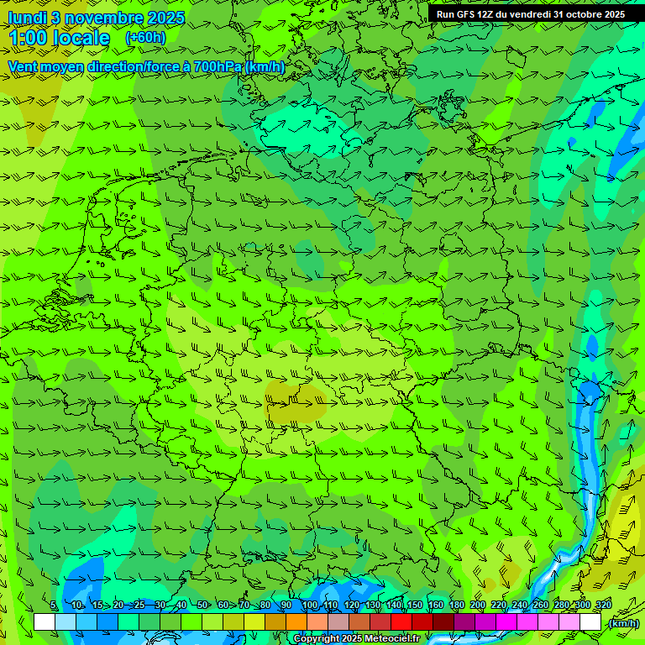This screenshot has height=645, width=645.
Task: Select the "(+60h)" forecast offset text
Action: (145, 38)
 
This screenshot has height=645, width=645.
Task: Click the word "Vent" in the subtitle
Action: (25, 66)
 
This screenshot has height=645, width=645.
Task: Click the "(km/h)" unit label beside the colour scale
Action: (623, 622)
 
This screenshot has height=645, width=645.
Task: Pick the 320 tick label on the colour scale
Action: (602, 606)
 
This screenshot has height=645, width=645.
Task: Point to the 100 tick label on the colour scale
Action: (309, 606)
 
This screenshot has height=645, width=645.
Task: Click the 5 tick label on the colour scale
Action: (54, 606)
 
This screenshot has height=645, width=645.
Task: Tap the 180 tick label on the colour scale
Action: (456, 606)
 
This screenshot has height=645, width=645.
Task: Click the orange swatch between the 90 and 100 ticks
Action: (296, 622)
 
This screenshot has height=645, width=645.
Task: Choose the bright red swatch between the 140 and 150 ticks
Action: (401, 622)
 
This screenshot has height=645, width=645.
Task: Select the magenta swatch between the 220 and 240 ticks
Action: (506, 622)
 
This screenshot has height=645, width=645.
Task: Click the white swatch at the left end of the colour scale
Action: (45, 622)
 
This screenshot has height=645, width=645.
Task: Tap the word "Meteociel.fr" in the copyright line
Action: (392, 639)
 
